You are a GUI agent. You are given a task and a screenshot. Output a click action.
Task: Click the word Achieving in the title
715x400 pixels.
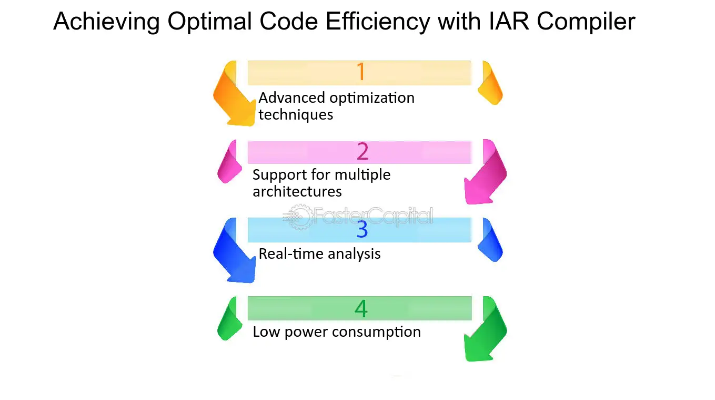pyautogui.click(x=106, y=22)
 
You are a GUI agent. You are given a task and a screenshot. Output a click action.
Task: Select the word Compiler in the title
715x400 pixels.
pyautogui.click(x=586, y=22)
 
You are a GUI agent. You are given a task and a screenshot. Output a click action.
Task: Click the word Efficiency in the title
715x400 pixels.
pyautogui.click(x=378, y=22)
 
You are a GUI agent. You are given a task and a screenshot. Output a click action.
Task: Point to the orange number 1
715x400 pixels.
pyautogui.click(x=361, y=72)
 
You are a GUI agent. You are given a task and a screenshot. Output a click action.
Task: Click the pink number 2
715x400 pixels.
pyautogui.click(x=362, y=151)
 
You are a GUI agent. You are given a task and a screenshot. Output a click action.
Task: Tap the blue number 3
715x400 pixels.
pyautogui.click(x=362, y=229)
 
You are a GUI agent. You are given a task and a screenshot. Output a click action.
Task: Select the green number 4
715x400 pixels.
pyautogui.click(x=361, y=308)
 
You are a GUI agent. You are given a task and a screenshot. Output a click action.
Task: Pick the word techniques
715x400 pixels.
pyautogui.click(x=296, y=115)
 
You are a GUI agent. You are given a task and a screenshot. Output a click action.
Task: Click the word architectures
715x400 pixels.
pyautogui.click(x=297, y=191)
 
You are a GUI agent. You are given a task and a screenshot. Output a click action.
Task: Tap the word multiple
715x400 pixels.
pyautogui.click(x=362, y=175)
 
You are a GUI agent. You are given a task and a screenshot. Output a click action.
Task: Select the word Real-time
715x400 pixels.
pyautogui.click(x=291, y=253)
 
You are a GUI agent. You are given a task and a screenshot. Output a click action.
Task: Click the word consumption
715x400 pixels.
pyautogui.click(x=376, y=332)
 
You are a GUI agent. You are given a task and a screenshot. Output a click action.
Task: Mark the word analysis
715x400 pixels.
pyautogui.click(x=354, y=254)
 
